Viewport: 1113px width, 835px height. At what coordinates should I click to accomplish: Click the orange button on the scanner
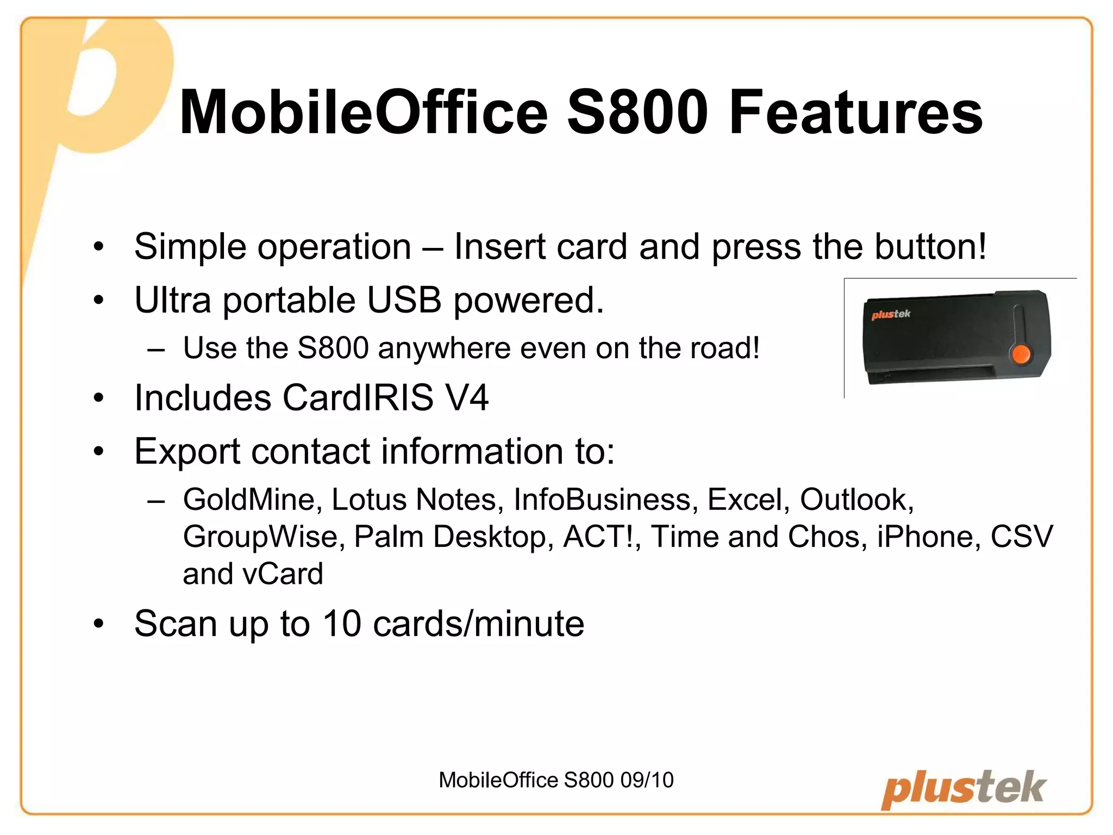1020,354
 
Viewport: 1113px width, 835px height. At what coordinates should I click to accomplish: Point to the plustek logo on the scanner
891,314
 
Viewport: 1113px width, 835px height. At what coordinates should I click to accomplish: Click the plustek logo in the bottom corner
963,789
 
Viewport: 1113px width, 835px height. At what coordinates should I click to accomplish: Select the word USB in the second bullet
404,300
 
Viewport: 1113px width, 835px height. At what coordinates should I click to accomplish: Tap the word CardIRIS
358,397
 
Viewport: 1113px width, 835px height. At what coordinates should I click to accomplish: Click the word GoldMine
249,499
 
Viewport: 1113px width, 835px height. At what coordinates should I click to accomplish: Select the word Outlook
857,499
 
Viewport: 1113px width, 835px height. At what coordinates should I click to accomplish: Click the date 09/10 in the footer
647,780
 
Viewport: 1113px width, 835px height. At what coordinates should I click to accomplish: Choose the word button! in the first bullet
930,247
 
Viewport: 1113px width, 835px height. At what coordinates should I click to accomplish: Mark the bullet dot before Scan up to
98,624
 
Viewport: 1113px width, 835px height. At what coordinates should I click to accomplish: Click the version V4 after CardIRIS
466,397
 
